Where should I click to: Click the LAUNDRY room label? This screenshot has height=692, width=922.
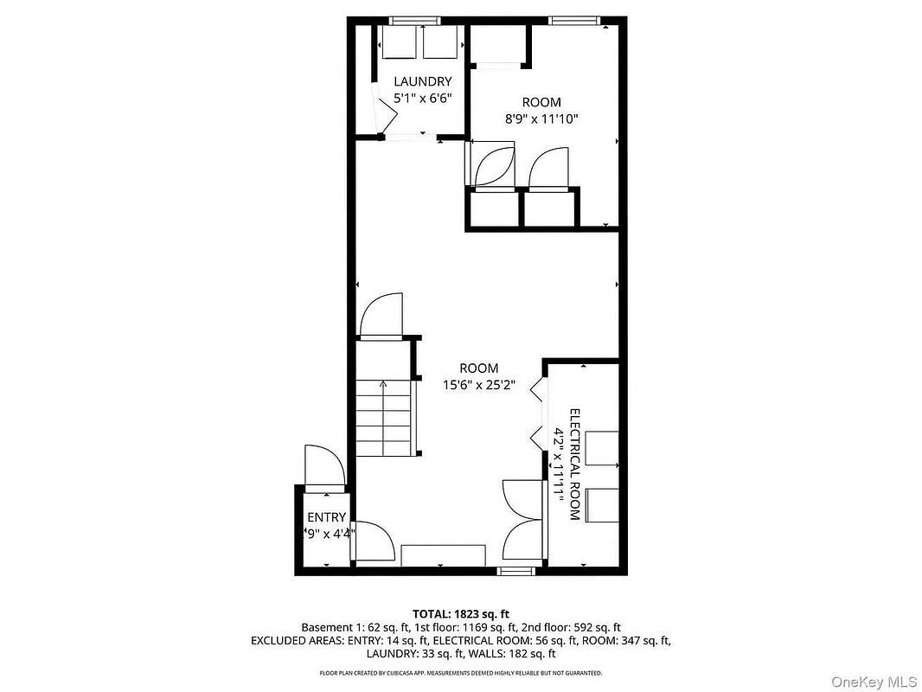point(422,81)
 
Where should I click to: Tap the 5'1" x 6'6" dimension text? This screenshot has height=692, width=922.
point(422,99)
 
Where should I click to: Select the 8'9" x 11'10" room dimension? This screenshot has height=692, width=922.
point(541,119)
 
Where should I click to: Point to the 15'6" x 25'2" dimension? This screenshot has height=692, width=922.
point(478,386)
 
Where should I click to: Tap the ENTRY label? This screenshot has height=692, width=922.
point(326,517)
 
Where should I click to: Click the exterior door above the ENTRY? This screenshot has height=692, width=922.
point(324,468)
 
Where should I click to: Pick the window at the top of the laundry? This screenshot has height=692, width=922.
point(414,21)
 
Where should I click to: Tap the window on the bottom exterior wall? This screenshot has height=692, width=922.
point(515,571)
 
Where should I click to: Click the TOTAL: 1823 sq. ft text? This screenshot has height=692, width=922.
point(460,615)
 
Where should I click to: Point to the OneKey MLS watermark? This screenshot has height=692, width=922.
point(874,682)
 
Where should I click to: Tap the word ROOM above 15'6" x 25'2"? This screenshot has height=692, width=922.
point(478,368)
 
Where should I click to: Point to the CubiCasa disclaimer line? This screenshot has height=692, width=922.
point(460,673)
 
